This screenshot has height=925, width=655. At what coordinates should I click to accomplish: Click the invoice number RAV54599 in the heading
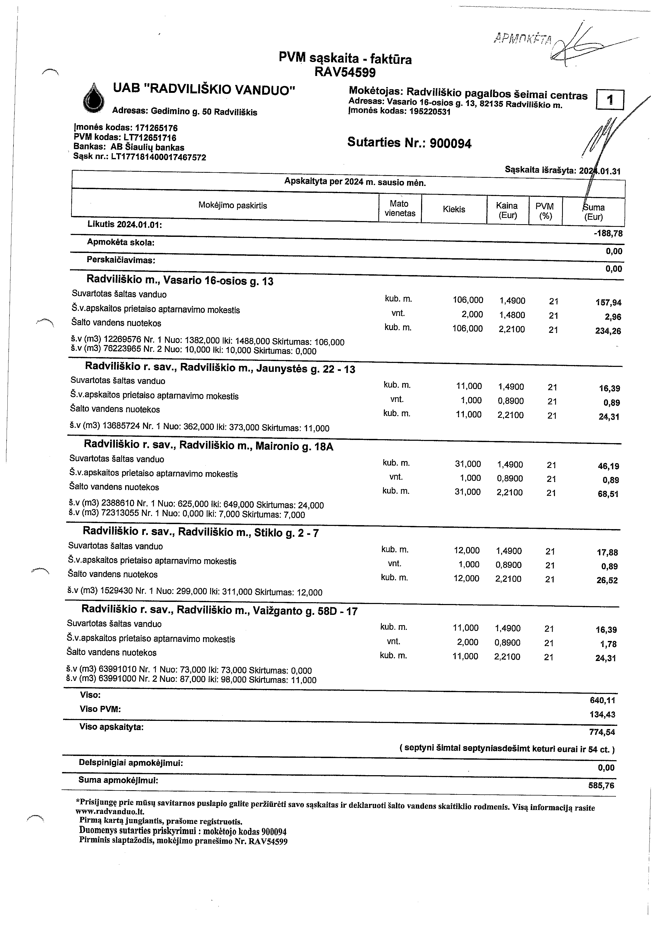point(345,73)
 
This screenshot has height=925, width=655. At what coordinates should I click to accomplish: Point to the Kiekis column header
point(454,209)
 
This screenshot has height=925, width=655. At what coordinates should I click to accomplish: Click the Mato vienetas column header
point(400,209)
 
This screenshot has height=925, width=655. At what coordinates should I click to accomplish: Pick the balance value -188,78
point(608,234)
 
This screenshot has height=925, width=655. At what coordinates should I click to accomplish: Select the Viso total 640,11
point(602,701)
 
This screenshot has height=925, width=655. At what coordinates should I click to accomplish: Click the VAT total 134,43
point(602,715)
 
